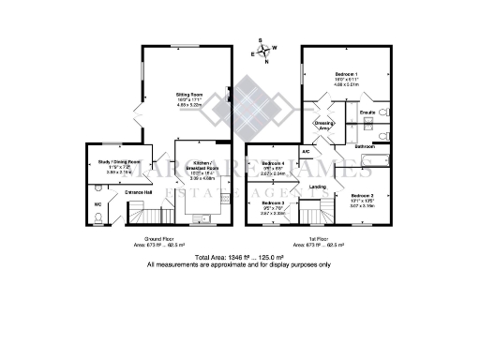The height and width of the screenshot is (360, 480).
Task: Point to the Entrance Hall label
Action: (138, 192)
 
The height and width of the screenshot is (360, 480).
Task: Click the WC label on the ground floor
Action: (97, 203)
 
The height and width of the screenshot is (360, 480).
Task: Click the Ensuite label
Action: (367, 112)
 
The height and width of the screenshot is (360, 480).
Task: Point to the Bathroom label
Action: (366, 147)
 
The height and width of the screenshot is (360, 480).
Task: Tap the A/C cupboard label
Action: (306, 151)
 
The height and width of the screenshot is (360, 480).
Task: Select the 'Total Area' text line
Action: (239, 257)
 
